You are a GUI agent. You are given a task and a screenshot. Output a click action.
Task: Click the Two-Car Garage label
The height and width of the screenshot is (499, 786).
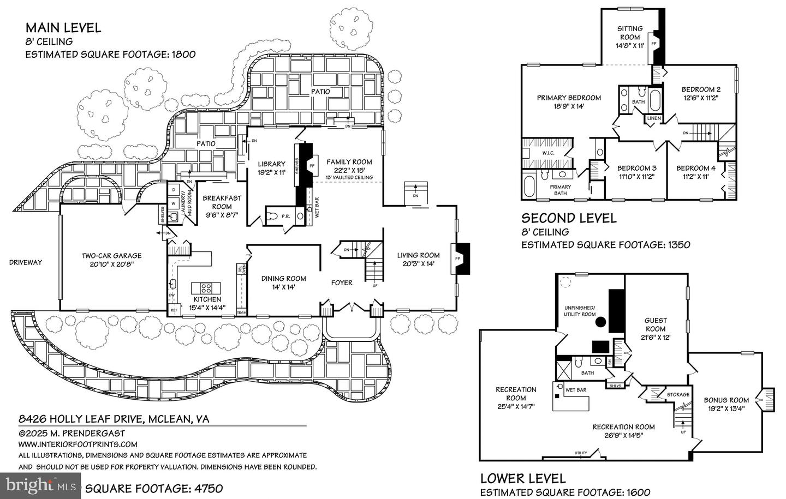[x=111, y=260]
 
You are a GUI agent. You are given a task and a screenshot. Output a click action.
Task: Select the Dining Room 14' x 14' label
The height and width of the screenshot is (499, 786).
[x=283, y=282]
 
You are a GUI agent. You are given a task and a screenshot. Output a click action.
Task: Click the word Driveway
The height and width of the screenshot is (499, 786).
[x=25, y=262]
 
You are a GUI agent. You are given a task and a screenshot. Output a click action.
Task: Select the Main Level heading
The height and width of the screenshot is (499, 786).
[x=63, y=28]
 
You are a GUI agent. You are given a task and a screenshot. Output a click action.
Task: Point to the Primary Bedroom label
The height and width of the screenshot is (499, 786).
[x=569, y=102]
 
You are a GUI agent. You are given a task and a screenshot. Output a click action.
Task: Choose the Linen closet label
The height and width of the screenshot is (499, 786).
[x=653, y=118]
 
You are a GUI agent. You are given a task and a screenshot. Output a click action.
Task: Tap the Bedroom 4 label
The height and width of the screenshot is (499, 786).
[x=695, y=172]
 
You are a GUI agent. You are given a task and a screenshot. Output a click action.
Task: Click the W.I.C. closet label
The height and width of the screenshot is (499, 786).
[x=548, y=153]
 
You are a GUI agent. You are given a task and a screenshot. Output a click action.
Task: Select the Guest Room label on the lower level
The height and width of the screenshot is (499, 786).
[x=656, y=329]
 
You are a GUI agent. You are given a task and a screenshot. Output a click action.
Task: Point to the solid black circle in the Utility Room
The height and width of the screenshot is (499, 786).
[x=600, y=322]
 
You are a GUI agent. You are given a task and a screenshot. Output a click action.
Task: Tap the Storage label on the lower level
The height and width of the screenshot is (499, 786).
[x=678, y=394]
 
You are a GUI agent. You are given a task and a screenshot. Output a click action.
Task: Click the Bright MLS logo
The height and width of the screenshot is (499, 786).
[x=35, y=484]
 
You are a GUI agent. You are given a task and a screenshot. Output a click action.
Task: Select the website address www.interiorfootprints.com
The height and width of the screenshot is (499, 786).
[x=78, y=444]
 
